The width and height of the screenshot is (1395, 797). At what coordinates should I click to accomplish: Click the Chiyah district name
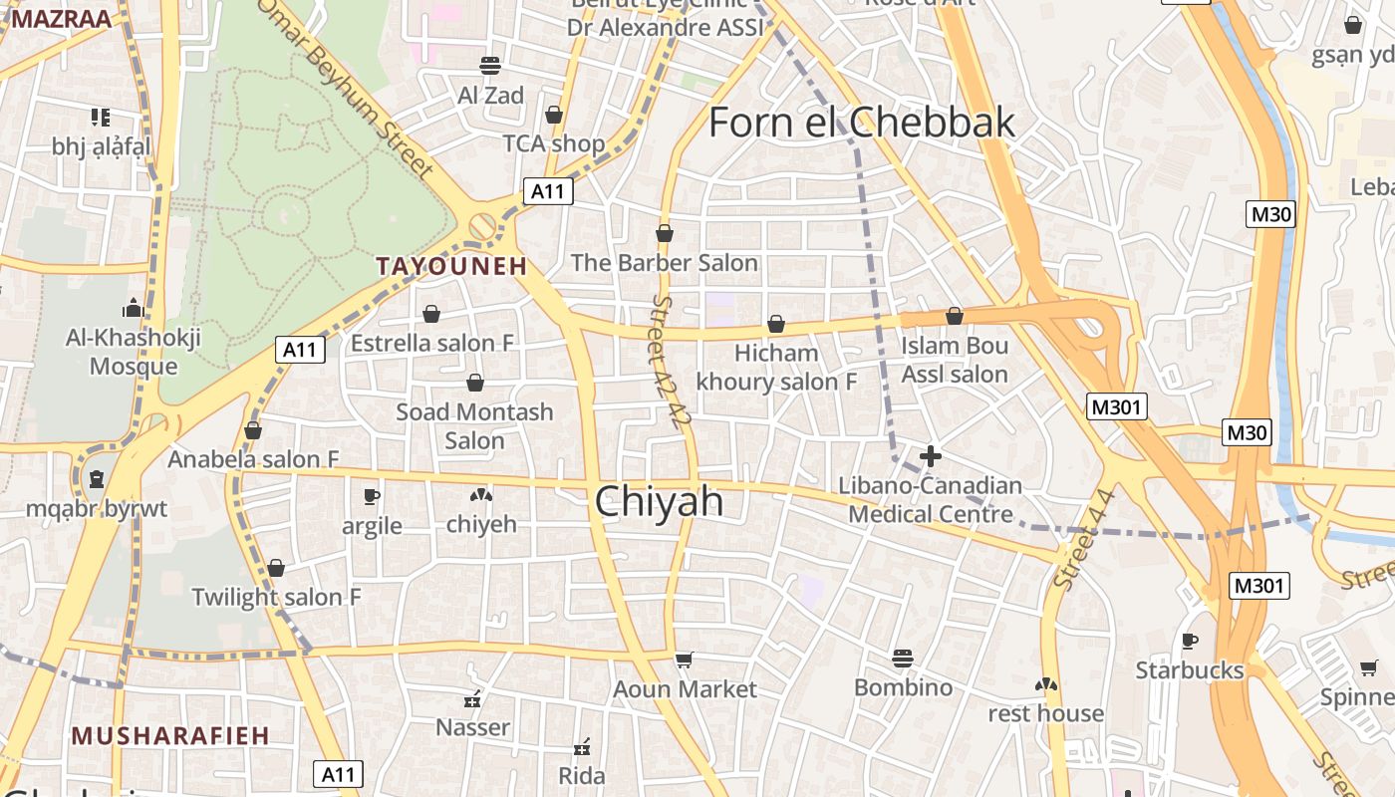click(x=659, y=502)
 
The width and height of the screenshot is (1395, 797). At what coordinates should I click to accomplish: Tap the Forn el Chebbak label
click(x=861, y=123)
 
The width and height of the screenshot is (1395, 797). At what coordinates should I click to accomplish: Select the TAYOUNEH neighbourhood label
click(x=450, y=266)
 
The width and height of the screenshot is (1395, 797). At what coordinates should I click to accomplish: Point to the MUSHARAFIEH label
click(x=170, y=736)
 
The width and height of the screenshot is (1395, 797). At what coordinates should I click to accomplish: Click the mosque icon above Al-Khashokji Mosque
click(x=134, y=307)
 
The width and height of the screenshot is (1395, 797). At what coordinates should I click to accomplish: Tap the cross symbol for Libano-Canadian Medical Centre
click(x=931, y=456)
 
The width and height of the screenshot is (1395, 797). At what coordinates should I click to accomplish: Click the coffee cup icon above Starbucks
click(x=1189, y=641)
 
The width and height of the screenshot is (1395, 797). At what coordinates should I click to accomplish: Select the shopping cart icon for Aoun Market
click(x=684, y=660)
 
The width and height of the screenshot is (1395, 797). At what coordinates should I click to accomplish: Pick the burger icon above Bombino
click(x=903, y=659)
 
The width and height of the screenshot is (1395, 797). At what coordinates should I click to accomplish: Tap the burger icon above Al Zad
click(x=489, y=66)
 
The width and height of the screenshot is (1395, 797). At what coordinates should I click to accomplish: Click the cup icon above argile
click(x=372, y=496)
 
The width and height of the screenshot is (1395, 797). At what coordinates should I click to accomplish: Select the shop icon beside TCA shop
click(x=554, y=116)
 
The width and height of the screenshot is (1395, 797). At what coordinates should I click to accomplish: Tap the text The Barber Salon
click(x=664, y=263)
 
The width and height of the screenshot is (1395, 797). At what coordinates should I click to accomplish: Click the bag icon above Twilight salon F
click(x=276, y=568)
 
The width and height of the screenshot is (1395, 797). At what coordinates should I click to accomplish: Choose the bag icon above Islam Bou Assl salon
click(x=955, y=316)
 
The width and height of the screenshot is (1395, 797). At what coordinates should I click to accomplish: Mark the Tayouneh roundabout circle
click(x=483, y=226)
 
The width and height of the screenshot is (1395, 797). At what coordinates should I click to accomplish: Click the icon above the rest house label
click(x=1046, y=684)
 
